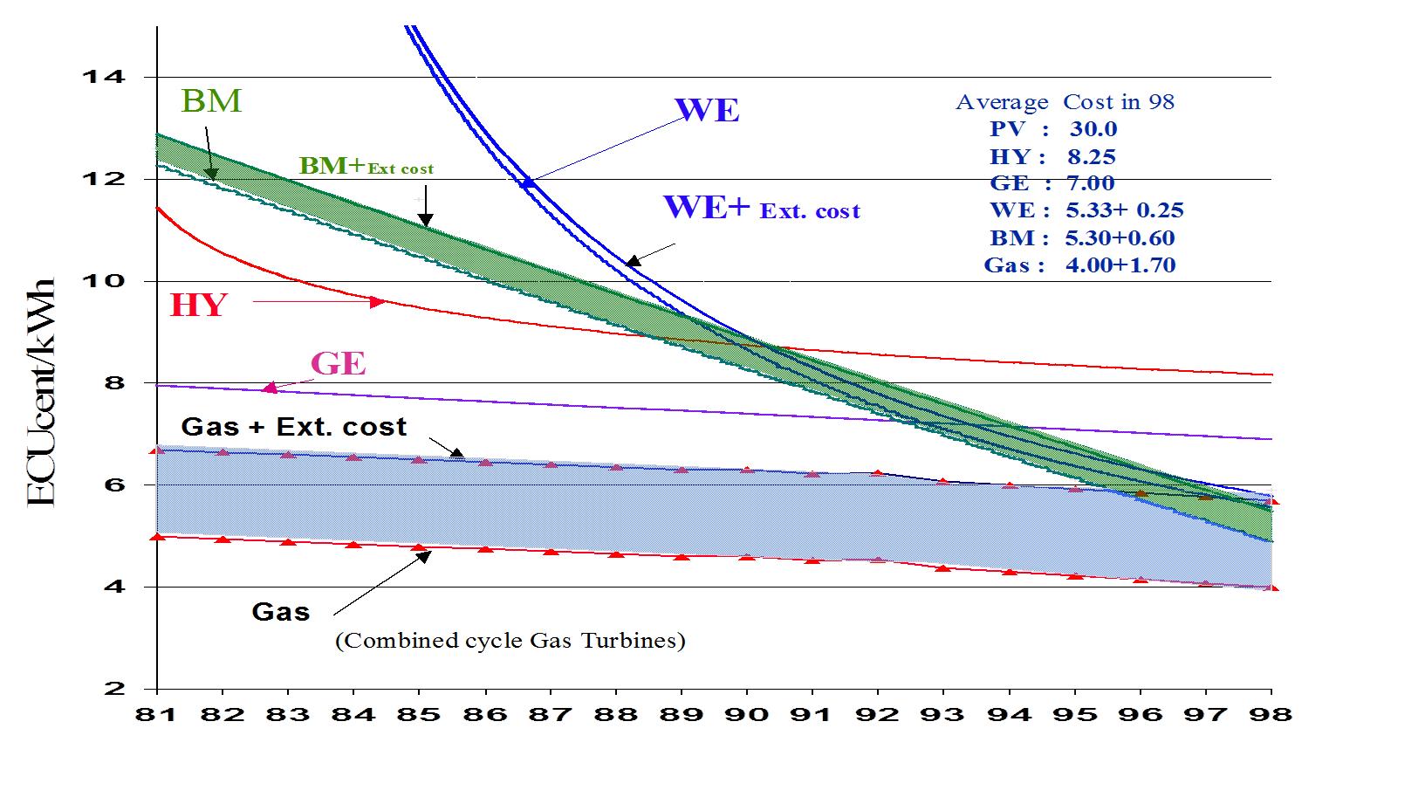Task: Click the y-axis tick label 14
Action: click(103, 77)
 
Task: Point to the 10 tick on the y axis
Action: click(103, 281)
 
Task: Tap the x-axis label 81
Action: click(157, 714)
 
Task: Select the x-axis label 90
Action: click(747, 714)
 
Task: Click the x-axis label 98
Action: click(1271, 714)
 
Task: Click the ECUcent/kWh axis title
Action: click(41, 392)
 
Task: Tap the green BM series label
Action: click(211, 101)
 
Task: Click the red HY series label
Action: click(199, 306)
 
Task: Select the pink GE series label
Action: click(338, 363)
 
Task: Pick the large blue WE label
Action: click(707, 111)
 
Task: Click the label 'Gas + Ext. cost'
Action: click(293, 427)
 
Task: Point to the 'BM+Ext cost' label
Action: click(366, 167)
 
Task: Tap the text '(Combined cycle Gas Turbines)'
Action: click(510, 641)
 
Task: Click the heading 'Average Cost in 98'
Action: click(1065, 102)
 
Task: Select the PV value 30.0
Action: click(1093, 129)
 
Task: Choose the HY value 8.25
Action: click(1092, 157)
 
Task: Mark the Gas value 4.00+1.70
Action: click(1120, 265)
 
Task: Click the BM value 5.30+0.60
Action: click(1120, 237)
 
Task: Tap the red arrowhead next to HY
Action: click(378, 302)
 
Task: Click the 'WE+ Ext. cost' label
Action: click(762, 208)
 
